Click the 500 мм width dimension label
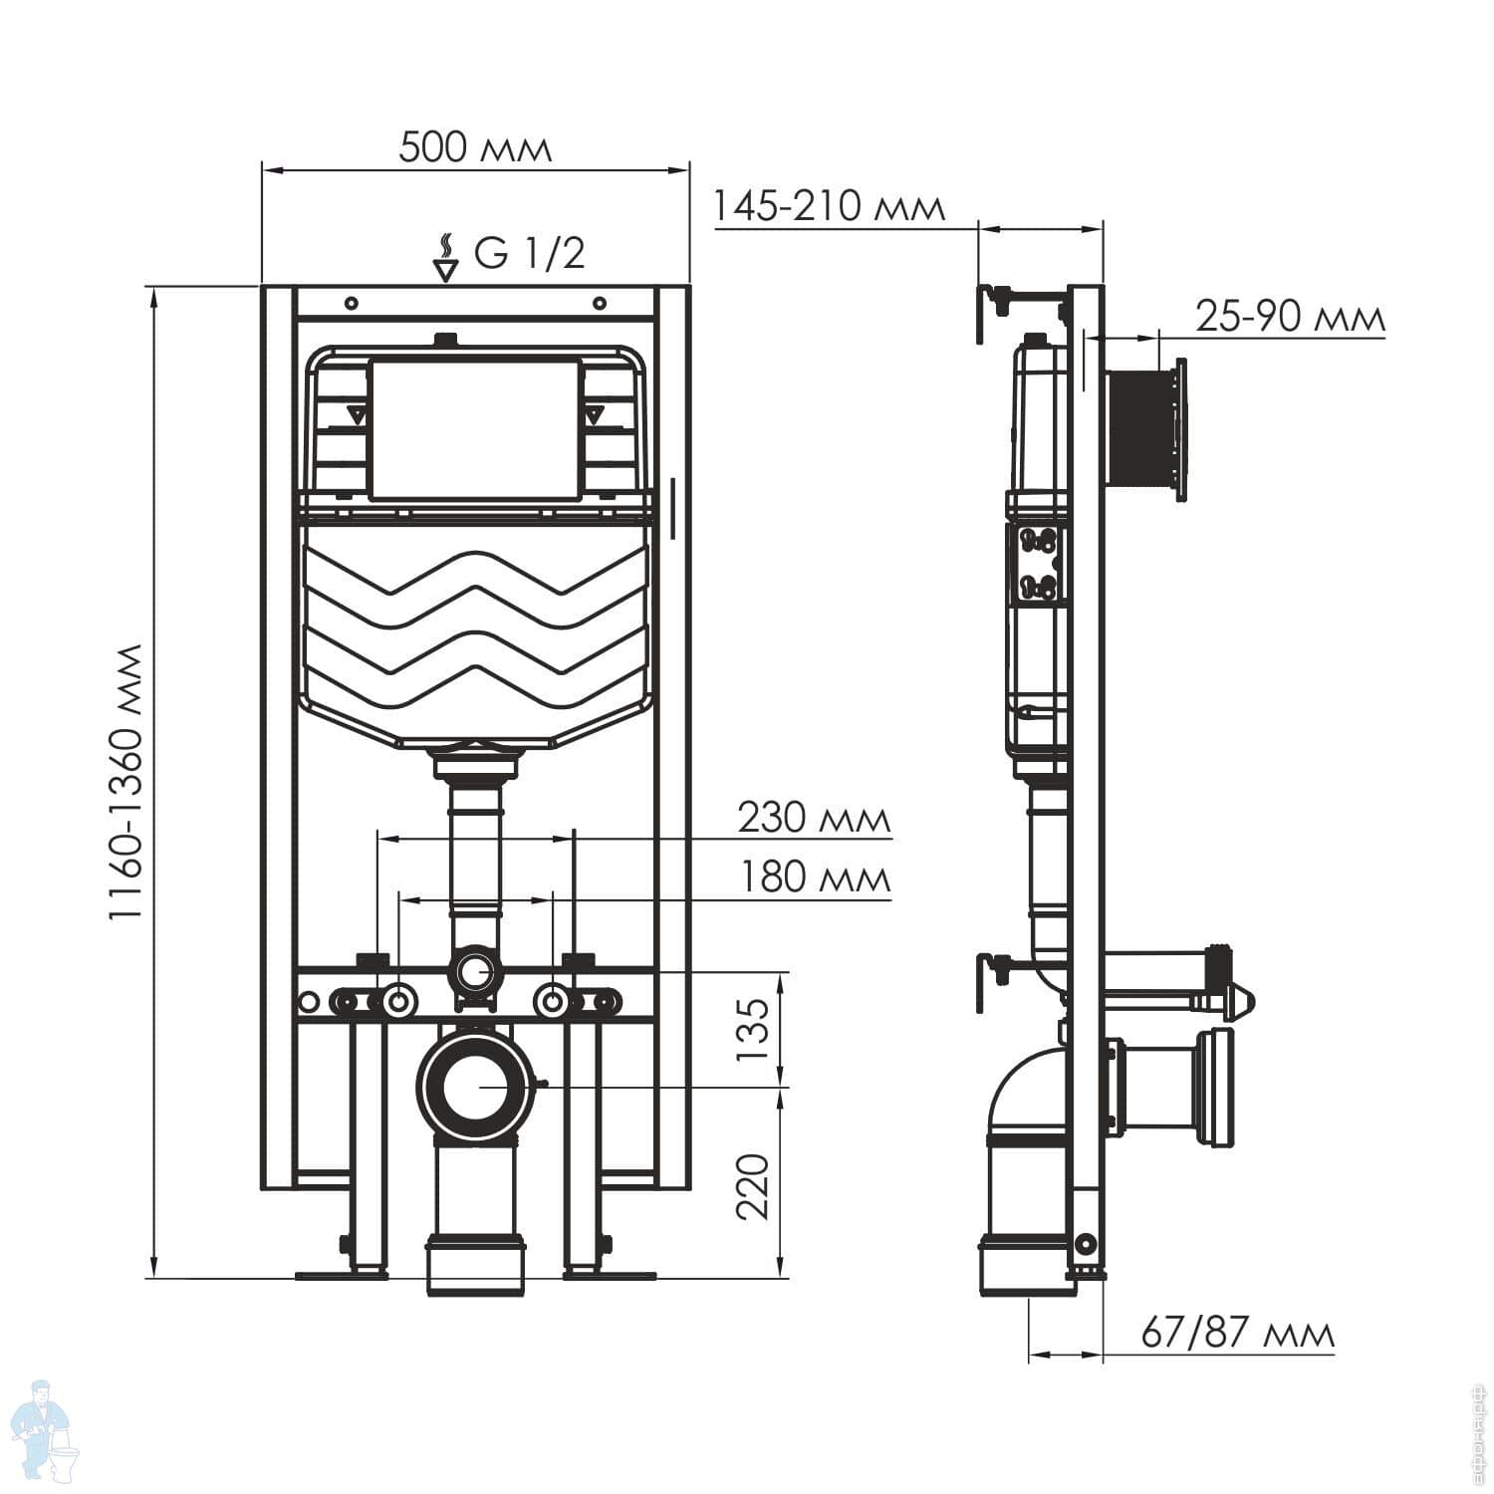tap(474, 147)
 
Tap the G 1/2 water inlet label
tap(529, 253)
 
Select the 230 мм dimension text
tap(814, 818)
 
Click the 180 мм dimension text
tap(814, 877)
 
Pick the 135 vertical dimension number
tap(754, 1029)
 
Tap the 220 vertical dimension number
tap(754, 1185)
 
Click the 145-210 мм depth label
tap(829, 206)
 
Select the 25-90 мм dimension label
tap(1290, 317)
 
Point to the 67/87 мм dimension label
tap(1236, 1332)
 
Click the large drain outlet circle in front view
tap(475, 1086)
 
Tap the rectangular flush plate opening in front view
tap(473, 429)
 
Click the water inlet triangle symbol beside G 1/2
tap(445, 268)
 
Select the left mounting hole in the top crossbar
tap(351, 303)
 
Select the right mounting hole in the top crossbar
tap(599, 303)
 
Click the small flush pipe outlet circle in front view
tap(475, 971)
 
